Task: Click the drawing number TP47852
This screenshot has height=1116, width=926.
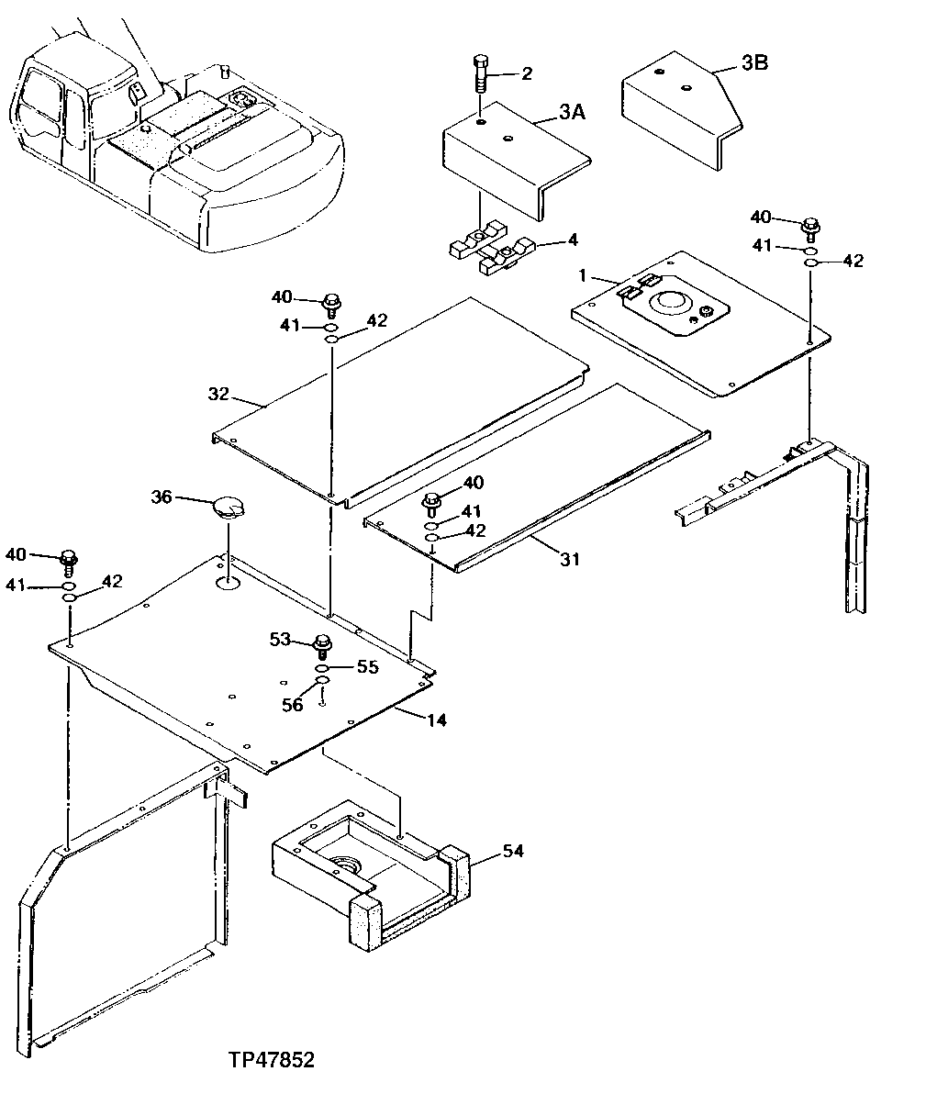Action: click(x=272, y=1060)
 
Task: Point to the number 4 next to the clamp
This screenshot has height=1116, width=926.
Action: click(x=573, y=240)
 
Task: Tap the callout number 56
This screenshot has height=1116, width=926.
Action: click(x=293, y=705)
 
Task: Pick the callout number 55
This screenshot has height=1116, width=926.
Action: click(x=367, y=667)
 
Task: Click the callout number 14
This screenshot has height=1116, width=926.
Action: click(x=437, y=720)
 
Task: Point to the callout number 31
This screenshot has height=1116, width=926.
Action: click(x=570, y=558)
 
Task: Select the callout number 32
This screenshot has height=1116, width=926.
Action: click(x=218, y=394)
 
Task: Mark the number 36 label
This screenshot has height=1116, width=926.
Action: click(x=162, y=497)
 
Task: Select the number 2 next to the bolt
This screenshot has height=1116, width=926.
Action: click(x=526, y=74)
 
